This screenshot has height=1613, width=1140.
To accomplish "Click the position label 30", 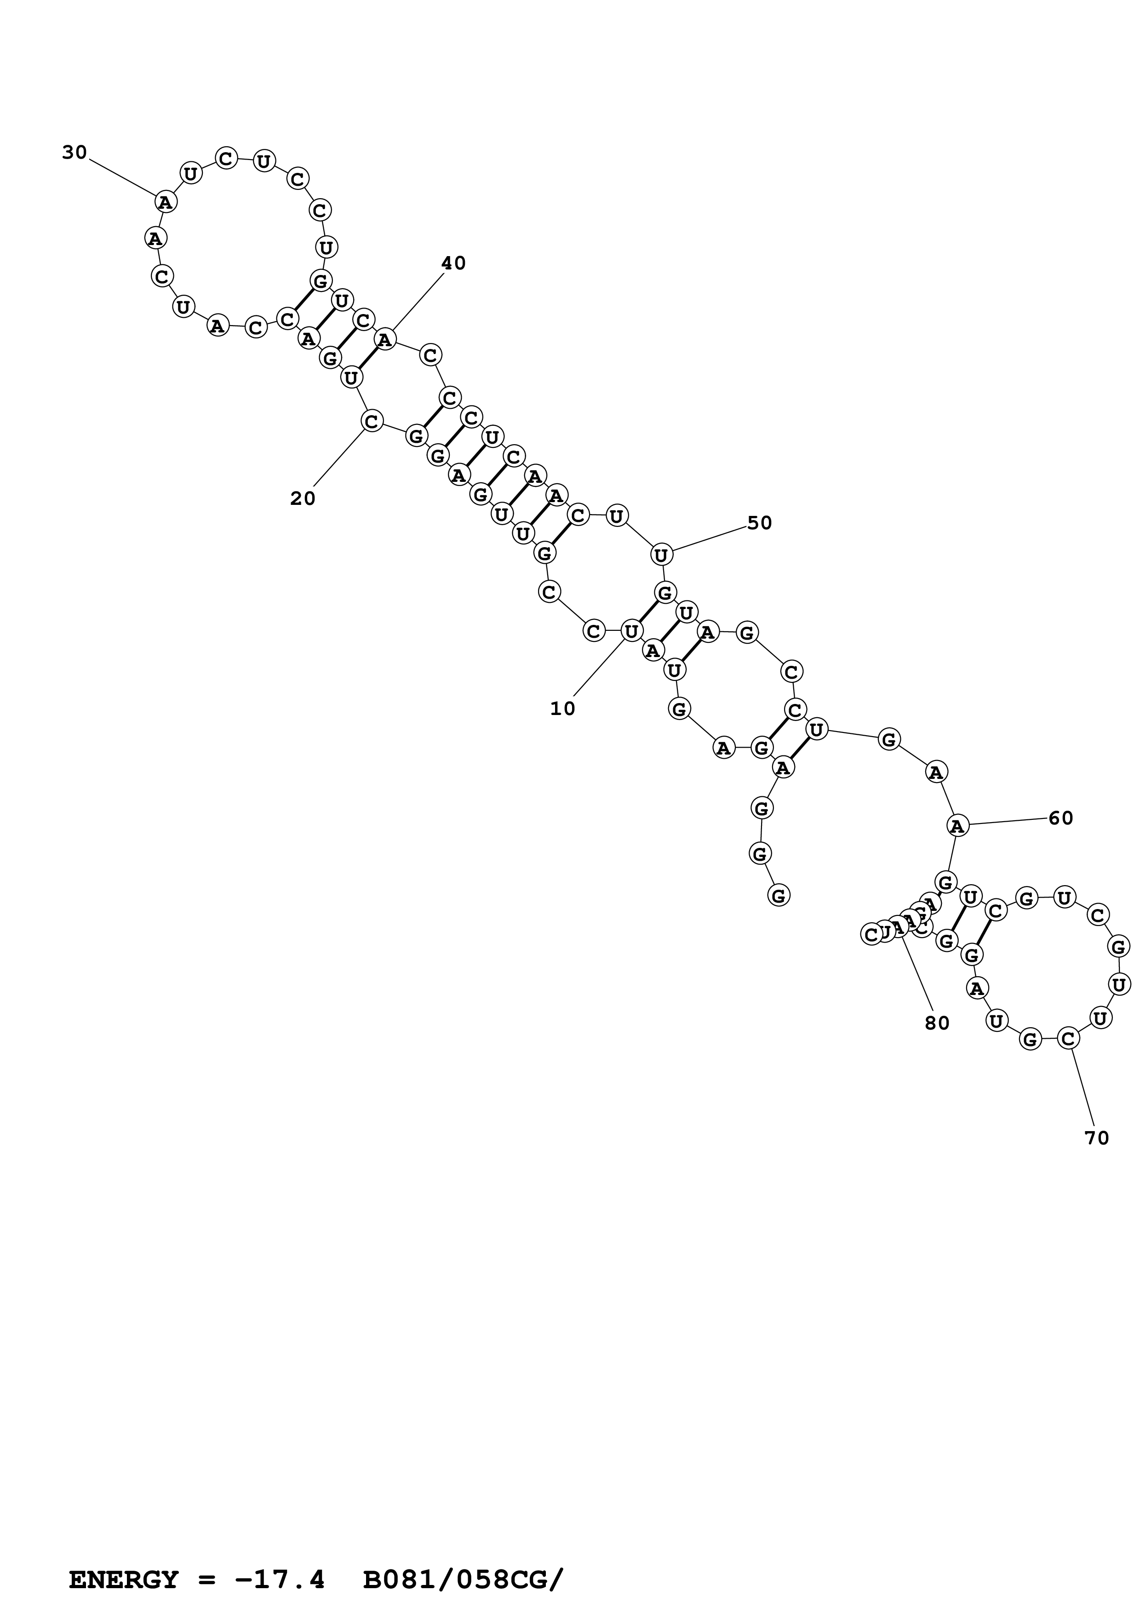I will [74, 153].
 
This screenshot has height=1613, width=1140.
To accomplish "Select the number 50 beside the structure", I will [759, 523].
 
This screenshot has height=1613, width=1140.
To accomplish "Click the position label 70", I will [1096, 1138].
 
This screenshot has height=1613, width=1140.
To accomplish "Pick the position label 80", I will [937, 1024].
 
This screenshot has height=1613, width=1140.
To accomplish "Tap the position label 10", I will [562, 709].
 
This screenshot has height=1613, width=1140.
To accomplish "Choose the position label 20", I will [303, 499].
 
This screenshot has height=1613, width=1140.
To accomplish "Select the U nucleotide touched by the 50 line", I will [661, 555].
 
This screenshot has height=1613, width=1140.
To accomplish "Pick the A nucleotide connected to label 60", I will [957, 826].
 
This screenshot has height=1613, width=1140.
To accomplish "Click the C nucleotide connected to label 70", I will [1068, 1038].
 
